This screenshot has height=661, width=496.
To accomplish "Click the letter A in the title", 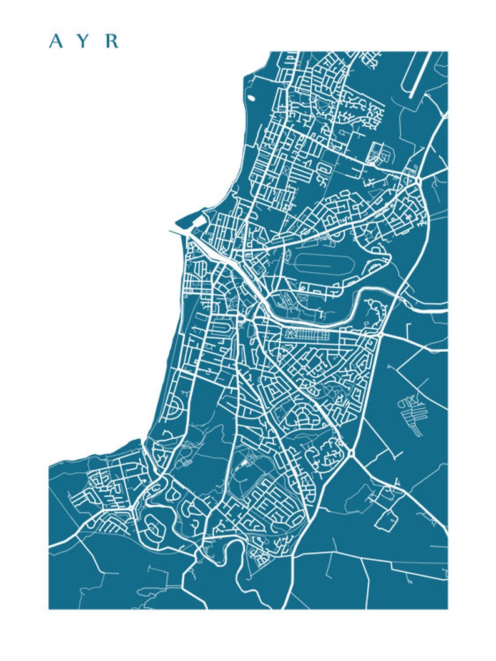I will (x=56, y=41).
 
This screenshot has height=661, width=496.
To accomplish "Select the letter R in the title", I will (x=112, y=41).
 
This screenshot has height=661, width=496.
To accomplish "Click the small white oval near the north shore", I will (x=252, y=97).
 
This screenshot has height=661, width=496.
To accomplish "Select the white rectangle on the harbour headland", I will (x=199, y=221).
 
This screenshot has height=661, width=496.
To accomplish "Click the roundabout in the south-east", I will (x=352, y=452).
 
